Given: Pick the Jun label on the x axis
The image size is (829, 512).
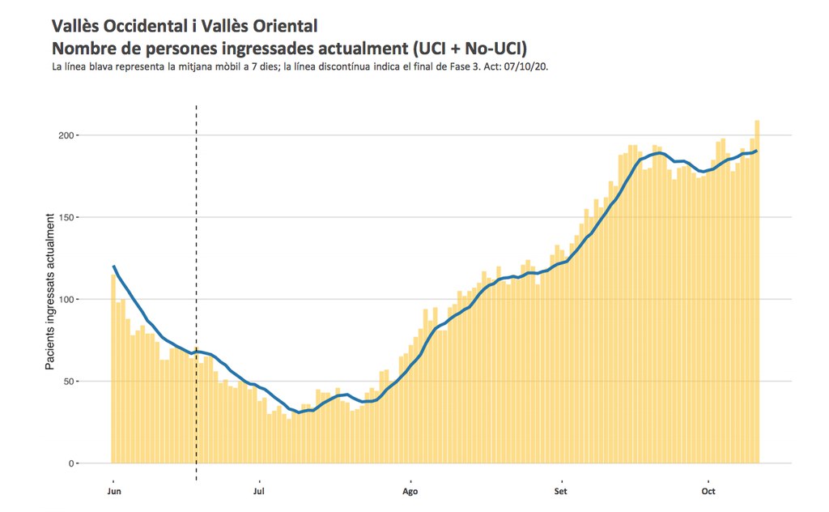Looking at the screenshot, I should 114,492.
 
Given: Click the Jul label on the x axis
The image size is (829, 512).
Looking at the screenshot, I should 259,492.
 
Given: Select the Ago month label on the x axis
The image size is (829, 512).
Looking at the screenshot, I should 410,492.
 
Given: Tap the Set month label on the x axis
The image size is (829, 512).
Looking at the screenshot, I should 560,492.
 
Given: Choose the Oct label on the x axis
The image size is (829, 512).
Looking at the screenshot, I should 708,492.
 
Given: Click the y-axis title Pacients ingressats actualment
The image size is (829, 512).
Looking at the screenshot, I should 51,292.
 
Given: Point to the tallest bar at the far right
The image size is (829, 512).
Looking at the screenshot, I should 757,292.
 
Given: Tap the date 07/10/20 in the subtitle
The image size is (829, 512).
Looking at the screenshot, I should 530,66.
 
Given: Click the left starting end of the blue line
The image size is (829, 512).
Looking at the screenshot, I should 113,266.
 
